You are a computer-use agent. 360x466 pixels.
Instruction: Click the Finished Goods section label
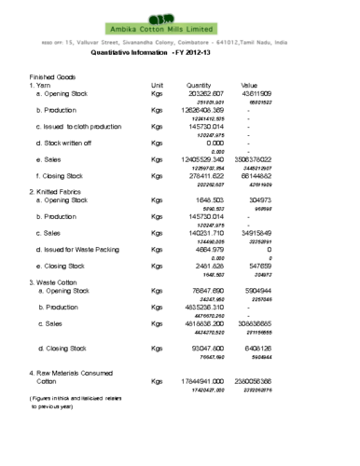53,76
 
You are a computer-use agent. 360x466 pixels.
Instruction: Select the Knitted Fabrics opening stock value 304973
259,200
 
